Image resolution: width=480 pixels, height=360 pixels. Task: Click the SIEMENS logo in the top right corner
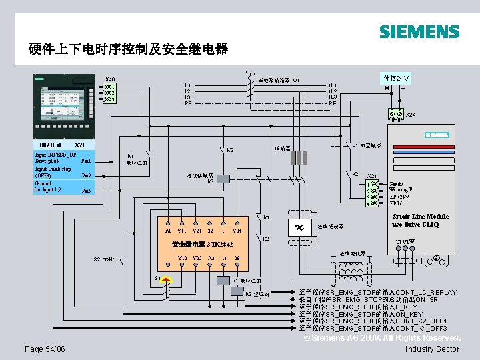pos(419,32)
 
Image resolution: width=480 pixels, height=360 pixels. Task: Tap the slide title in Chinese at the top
pos(128,49)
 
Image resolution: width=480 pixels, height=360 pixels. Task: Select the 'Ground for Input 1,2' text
pos(51,187)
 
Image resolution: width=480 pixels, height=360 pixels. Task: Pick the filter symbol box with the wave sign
pos(298,227)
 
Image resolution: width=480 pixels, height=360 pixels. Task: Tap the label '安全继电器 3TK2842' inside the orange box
pos(203,245)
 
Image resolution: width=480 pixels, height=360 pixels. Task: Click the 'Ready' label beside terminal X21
pos(397,184)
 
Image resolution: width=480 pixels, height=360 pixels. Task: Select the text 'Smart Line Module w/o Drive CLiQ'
pos(421,220)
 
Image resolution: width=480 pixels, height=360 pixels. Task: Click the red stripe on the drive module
pos(437,135)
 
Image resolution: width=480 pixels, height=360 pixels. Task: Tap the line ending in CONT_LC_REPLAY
pos(378,292)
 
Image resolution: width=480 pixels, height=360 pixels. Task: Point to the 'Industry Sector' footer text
pos(432,349)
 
